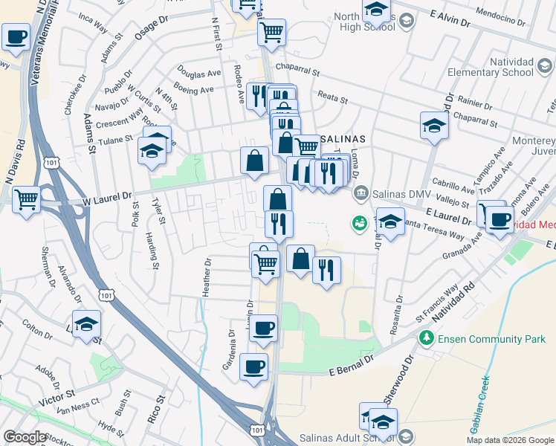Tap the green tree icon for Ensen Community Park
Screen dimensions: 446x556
point(427,339)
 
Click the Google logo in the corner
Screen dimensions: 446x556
point(25,437)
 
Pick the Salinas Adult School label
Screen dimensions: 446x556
point(346,437)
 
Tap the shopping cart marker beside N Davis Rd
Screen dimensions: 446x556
point(27,199)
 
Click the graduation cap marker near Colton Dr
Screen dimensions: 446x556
point(87,324)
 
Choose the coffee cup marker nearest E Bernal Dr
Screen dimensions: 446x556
point(253,366)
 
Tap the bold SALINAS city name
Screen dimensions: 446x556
point(343,139)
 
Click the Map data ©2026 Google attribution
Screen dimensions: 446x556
point(510,440)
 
